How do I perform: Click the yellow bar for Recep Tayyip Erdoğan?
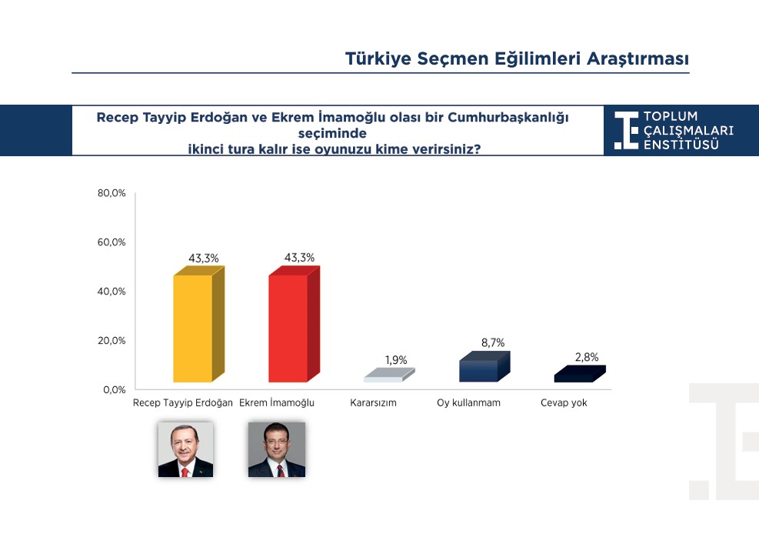click(198, 325)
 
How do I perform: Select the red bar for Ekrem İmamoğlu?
click(294, 325)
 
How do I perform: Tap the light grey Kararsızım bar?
click(389, 375)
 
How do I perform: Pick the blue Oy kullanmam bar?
click(484, 367)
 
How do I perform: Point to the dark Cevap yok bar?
click(580, 374)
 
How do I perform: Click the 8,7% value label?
click(493, 343)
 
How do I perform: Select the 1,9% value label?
click(396, 360)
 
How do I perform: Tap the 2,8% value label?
click(587, 358)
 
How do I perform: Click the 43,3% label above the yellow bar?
click(204, 259)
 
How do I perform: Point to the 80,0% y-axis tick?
click(112, 193)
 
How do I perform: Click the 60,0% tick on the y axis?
click(112, 242)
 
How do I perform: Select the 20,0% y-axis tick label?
click(112, 341)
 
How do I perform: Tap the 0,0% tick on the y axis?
click(115, 390)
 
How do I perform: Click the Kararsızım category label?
click(373, 403)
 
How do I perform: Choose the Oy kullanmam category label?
click(468, 403)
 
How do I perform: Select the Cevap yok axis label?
click(564, 403)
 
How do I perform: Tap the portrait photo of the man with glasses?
click(277, 449)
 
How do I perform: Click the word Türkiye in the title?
click(378, 58)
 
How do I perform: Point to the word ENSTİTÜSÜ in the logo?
click(681, 145)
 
